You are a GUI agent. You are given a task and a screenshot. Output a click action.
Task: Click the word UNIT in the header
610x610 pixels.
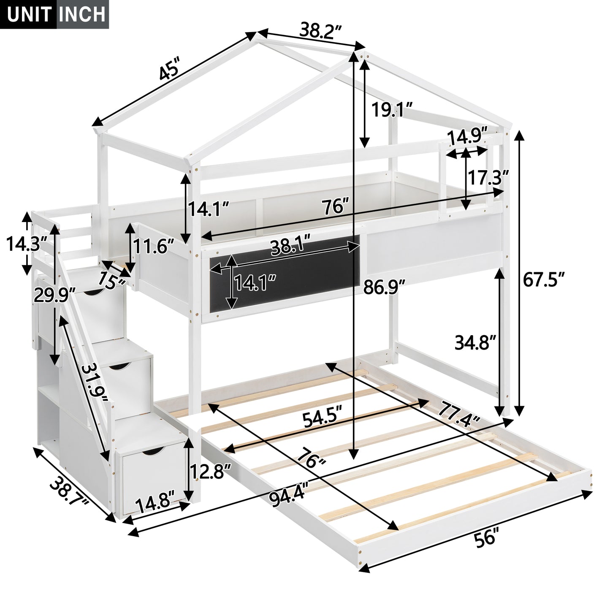(x=29, y=14)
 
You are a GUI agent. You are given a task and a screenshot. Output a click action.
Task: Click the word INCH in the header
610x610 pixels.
(x=82, y=14)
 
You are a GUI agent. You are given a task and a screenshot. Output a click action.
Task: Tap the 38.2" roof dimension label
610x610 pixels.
(x=320, y=30)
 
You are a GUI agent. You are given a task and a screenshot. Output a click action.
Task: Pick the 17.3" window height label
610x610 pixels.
(x=487, y=178)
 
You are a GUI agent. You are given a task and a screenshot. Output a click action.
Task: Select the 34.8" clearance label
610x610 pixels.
(x=474, y=342)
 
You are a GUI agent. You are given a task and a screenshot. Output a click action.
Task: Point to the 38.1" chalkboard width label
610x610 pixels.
(x=290, y=248)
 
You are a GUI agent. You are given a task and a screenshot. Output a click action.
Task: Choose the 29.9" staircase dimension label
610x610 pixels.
(x=54, y=295)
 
